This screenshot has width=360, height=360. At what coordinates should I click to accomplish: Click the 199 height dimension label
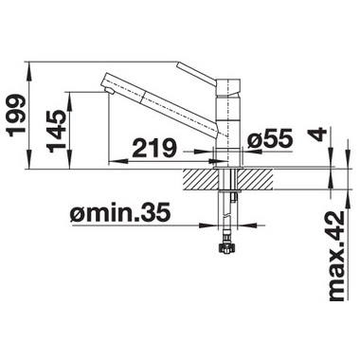(x=16, y=116)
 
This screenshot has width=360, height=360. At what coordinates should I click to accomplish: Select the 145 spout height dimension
(x=56, y=131)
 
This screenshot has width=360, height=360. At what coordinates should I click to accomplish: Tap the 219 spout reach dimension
(x=153, y=148)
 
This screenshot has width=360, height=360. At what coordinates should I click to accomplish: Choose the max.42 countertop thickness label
(x=336, y=257)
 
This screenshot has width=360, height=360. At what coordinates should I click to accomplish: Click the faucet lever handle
(x=196, y=73)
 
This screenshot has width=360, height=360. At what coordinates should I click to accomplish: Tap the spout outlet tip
(x=109, y=91)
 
